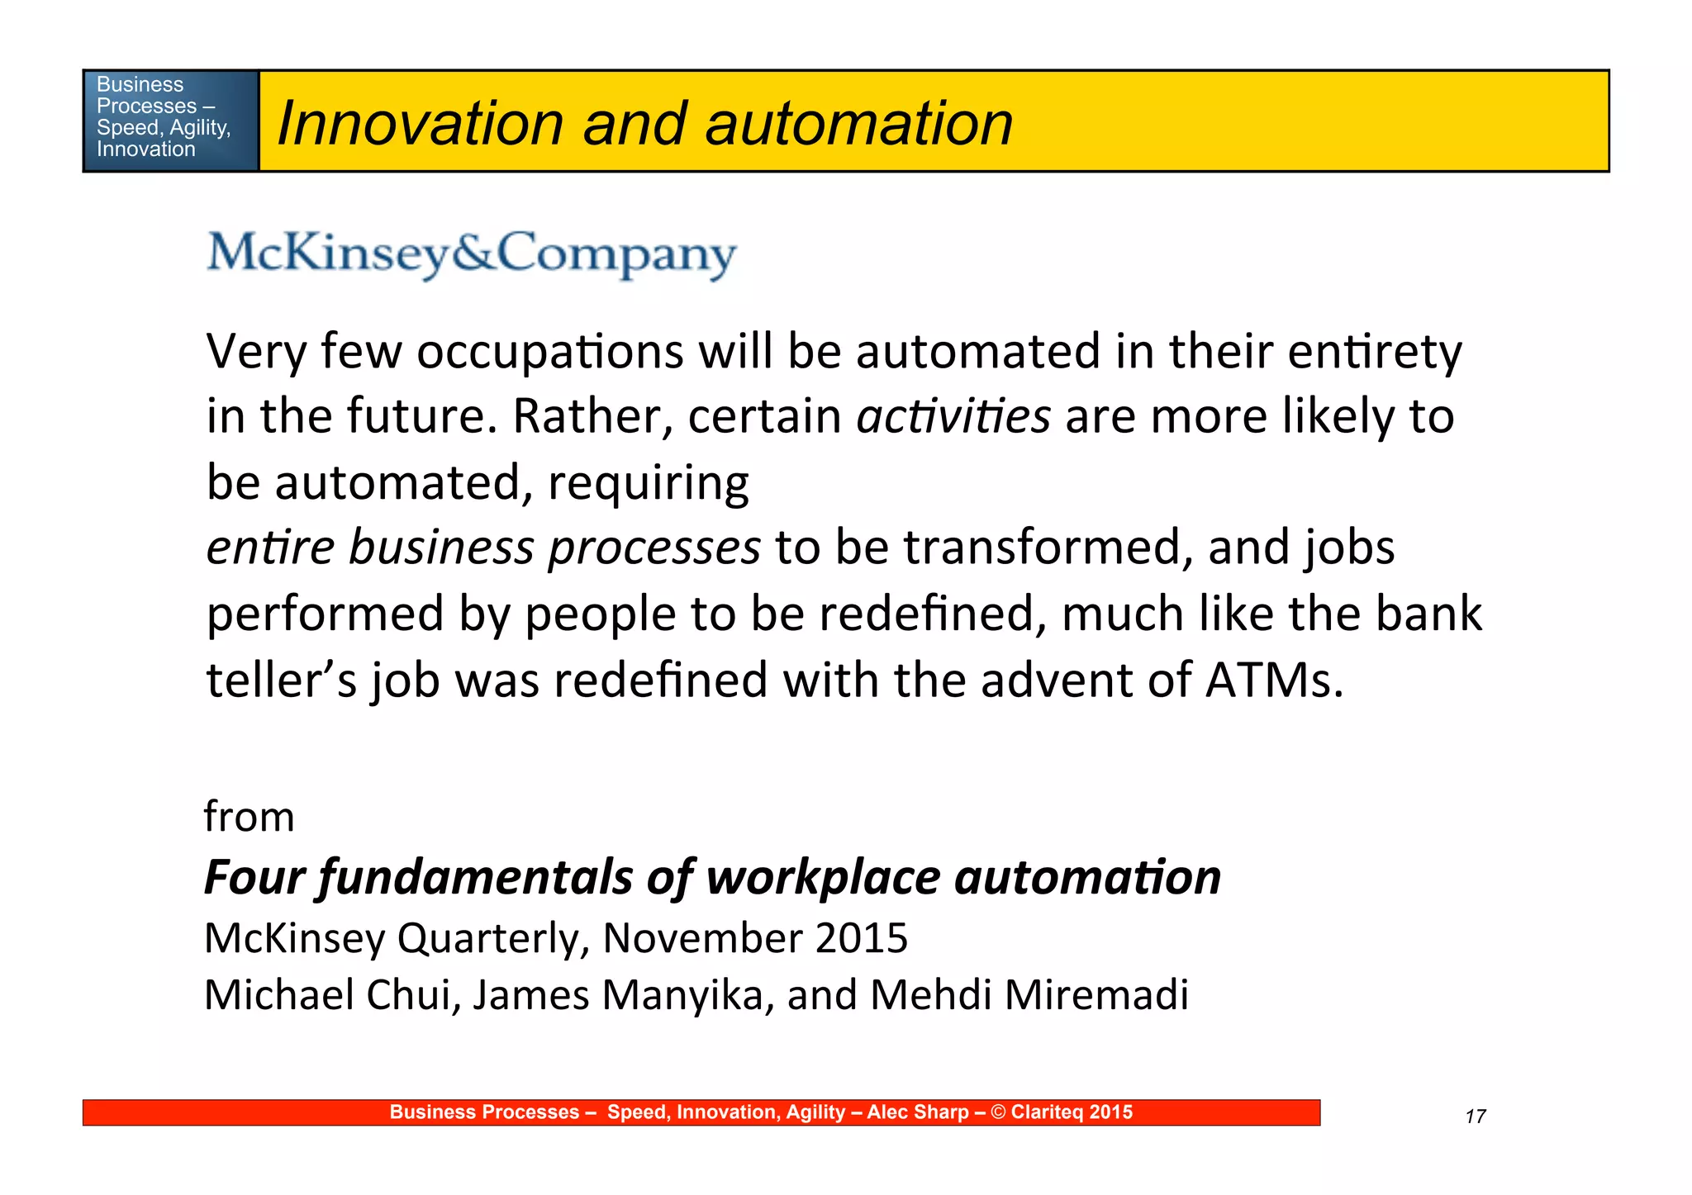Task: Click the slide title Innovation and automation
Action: (644, 123)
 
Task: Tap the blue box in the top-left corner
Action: (170, 121)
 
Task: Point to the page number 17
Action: (1475, 1117)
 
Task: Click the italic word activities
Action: (953, 415)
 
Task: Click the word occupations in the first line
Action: (549, 352)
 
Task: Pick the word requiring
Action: (649, 482)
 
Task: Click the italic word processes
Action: (654, 548)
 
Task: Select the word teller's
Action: (281, 680)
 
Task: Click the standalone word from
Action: (249, 817)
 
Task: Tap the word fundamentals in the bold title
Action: (476, 876)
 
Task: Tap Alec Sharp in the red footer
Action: (917, 1112)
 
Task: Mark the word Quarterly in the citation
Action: (492, 938)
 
